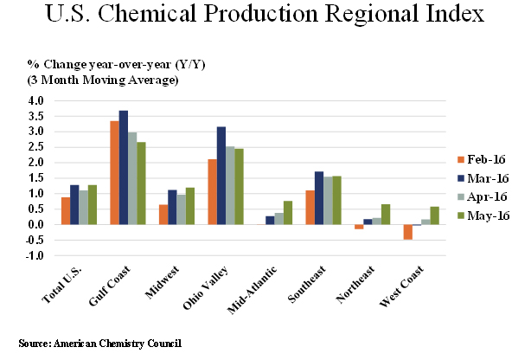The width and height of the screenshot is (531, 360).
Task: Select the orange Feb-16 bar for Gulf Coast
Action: (114, 172)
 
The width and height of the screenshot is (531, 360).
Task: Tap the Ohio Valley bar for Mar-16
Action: (221, 176)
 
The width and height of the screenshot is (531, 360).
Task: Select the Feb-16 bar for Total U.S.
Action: (66, 211)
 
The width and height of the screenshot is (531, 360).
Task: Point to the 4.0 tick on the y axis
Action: (35, 100)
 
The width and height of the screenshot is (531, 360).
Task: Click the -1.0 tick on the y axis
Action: (34, 256)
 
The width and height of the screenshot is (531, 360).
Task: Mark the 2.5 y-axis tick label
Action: (35, 147)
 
